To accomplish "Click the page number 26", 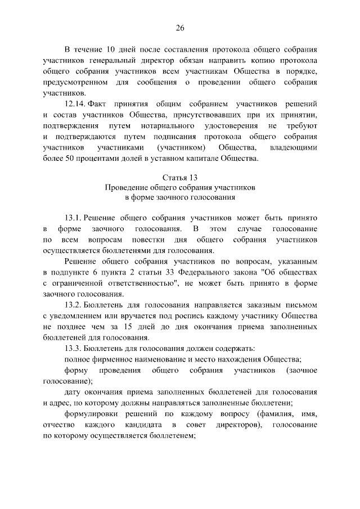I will point(180,28).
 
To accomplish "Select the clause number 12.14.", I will point(76,104).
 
